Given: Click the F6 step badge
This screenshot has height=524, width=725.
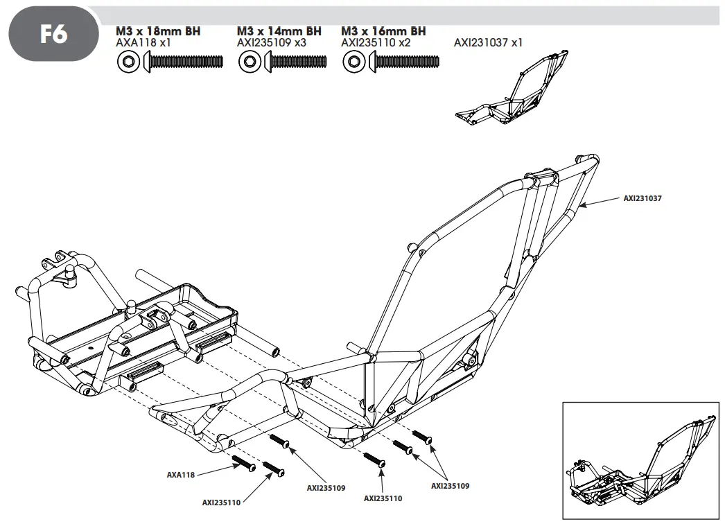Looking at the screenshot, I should (52, 33).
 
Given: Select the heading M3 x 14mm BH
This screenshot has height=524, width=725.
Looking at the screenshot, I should (279, 31).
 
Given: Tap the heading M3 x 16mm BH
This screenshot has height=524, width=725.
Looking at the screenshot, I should (383, 31).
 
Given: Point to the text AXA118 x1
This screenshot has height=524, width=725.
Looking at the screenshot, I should (143, 43).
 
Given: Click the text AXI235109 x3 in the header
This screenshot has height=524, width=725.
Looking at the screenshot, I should (271, 43).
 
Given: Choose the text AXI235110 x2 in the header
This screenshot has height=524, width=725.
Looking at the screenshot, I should (376, 43).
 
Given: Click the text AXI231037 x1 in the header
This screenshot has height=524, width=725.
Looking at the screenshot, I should (488, 43).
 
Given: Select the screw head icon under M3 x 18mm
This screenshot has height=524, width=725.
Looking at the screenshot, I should (128, 63).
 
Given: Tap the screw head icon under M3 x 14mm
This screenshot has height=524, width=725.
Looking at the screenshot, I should (248, 63).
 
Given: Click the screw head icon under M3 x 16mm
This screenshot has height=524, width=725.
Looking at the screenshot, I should (353, 63).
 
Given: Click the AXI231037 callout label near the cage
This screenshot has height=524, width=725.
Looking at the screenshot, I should (642, 198).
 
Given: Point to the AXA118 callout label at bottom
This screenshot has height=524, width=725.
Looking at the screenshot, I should (180, 475).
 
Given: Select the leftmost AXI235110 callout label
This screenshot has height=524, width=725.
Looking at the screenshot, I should (221, 503).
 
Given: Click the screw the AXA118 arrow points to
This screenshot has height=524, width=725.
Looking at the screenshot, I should (245, 463).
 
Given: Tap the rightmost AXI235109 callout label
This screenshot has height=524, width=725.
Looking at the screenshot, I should (450, 486).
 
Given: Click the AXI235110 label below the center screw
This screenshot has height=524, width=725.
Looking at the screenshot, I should (383, 498).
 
